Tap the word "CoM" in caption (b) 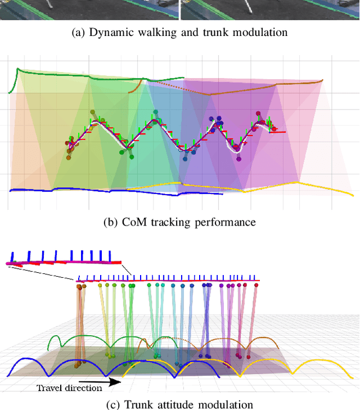[x=133, y=222]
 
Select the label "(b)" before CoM [x=111, y=222]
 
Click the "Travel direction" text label [x=70, y=388]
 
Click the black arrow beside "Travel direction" [x=112, y=382]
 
